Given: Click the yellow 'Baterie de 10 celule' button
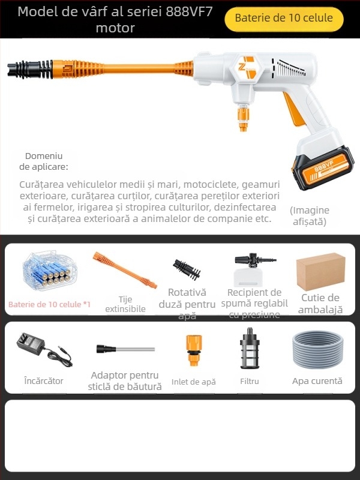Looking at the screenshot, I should (x=284, y=19).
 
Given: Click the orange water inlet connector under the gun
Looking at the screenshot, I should (x=242, y=118).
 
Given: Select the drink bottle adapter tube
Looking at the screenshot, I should (x=125, y=349).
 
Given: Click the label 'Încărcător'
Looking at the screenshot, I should (x=44, y=381).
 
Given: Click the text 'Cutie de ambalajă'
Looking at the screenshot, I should (x=321, y=304).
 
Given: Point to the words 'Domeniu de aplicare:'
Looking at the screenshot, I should (x=44, y=161).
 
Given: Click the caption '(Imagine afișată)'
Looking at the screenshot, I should (x=310, y=215).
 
